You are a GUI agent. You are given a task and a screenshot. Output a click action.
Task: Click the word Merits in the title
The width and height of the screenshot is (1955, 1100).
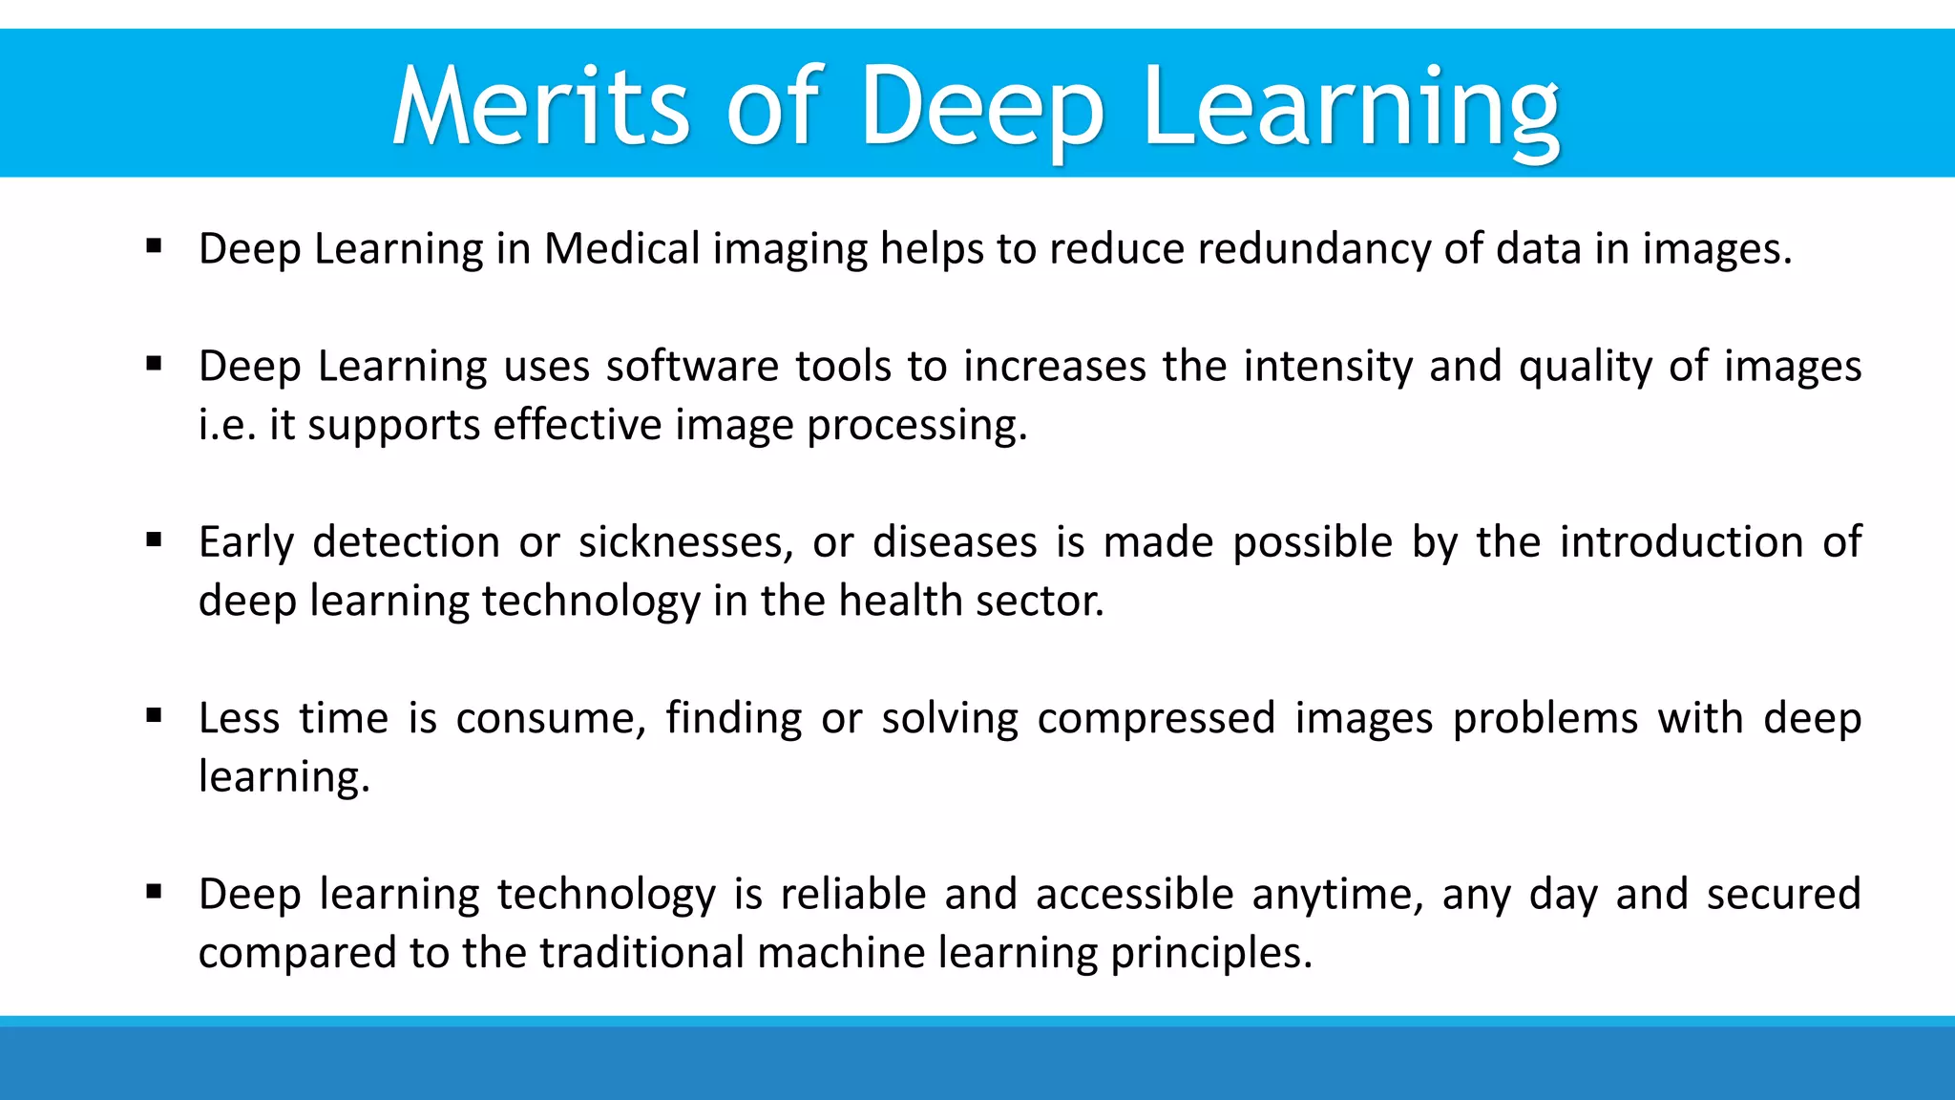[x=540, y=106]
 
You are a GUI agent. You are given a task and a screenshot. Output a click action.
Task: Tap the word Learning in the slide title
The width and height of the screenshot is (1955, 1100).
[x=1351, y=106]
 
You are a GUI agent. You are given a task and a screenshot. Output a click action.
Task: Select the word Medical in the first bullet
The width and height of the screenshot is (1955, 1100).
[x=622, y=249]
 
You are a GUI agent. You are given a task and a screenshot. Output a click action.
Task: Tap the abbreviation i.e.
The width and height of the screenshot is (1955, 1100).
[x=226, y=425]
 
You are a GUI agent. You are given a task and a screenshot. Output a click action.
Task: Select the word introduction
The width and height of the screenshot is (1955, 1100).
[x=1681, y=542]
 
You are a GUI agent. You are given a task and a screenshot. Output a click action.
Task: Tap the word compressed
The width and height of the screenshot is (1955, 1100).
[x=1156, y=718]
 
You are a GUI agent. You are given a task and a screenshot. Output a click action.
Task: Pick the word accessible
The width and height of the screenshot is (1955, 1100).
[x=1135, y=895]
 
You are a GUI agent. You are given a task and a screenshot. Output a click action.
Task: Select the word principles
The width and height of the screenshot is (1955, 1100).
[x=1211, y=953]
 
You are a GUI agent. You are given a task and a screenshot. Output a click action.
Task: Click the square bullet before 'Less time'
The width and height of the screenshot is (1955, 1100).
[x=154, y=715]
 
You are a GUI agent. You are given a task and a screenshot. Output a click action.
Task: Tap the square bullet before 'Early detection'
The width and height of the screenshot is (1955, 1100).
[x=154, y=539]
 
